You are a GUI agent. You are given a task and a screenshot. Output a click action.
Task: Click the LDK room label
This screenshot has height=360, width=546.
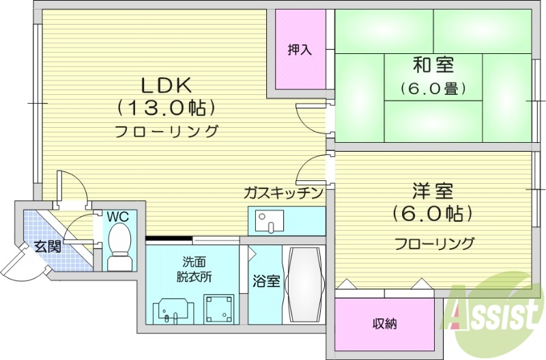(x=168, y=85)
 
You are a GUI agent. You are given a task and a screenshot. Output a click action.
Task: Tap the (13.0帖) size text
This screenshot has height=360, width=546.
(x=168, y=107)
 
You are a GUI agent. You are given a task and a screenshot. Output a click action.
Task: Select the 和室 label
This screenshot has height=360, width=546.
(x=433, y=66)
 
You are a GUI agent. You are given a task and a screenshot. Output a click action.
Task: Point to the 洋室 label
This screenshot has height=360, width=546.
(x=433, y=191)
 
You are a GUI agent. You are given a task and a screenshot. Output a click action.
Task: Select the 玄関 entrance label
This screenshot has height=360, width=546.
(x=48, y=246)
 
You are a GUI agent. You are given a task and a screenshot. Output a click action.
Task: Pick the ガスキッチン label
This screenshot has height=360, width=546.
(x=283, y=193)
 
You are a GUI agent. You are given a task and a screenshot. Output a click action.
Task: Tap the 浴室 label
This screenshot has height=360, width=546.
(x=265, y=281)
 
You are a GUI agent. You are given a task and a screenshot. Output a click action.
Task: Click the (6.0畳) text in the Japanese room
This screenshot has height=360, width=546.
(x=433, y=88)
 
